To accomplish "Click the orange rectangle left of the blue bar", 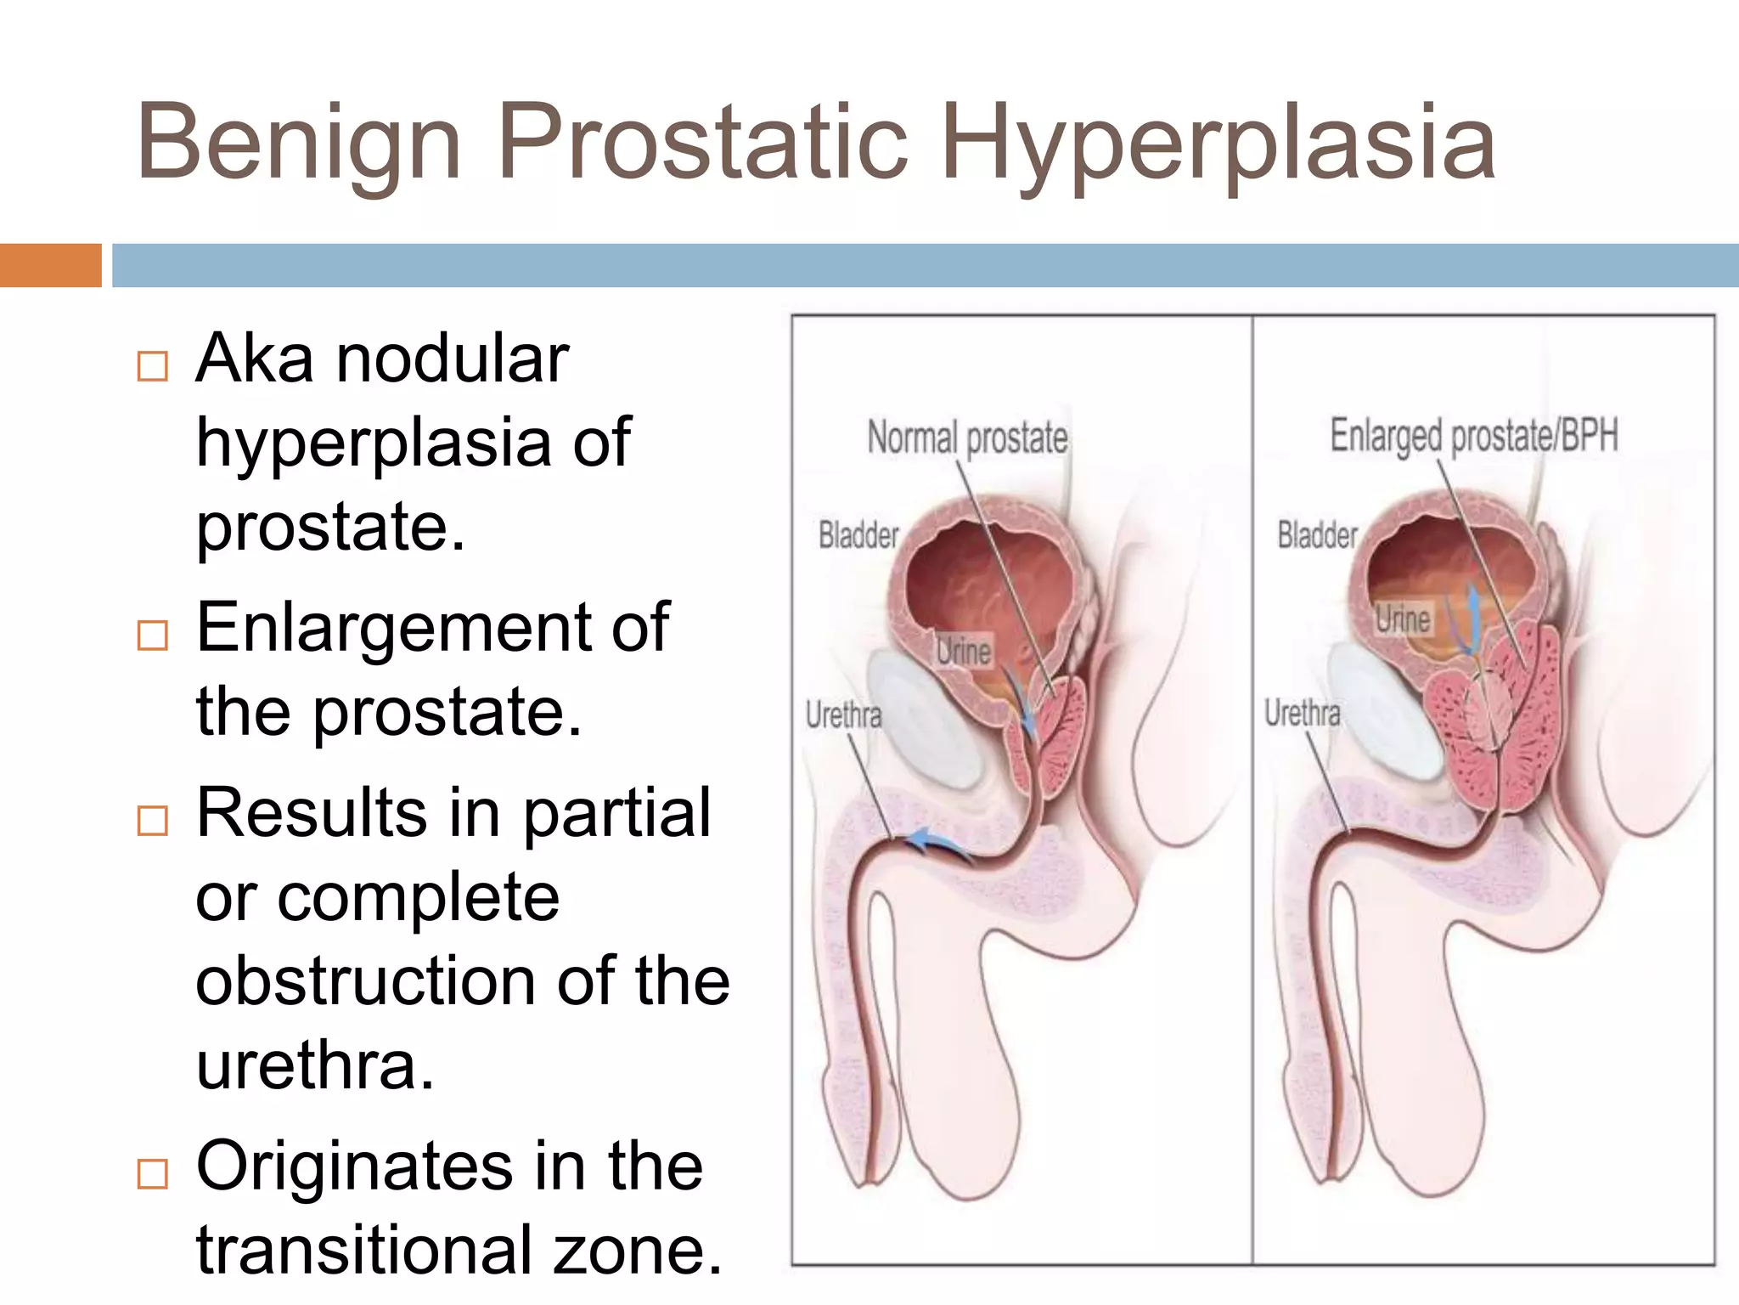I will click(x=50, y=265).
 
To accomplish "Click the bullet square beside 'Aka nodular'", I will click(x=153, y=366).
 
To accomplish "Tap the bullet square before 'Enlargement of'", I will click(x=153, y=635).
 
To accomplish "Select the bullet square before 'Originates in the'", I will click(x=153, y=1174).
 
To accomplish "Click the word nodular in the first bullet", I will click(x=452, y=359).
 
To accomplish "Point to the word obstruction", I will click(x=365, y=981).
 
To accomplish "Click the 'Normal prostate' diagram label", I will click(x=967, y=438).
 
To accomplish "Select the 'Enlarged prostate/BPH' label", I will click(x=1473, y=435).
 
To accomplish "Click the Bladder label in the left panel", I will click(x=858, y=535).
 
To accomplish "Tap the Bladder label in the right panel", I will click(x=1317, y=535).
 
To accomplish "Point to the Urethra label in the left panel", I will click(x=843, y=715).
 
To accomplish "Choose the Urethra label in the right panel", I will click(x=1302, y=712).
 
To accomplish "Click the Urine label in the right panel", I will click(x=1403, y=618).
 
